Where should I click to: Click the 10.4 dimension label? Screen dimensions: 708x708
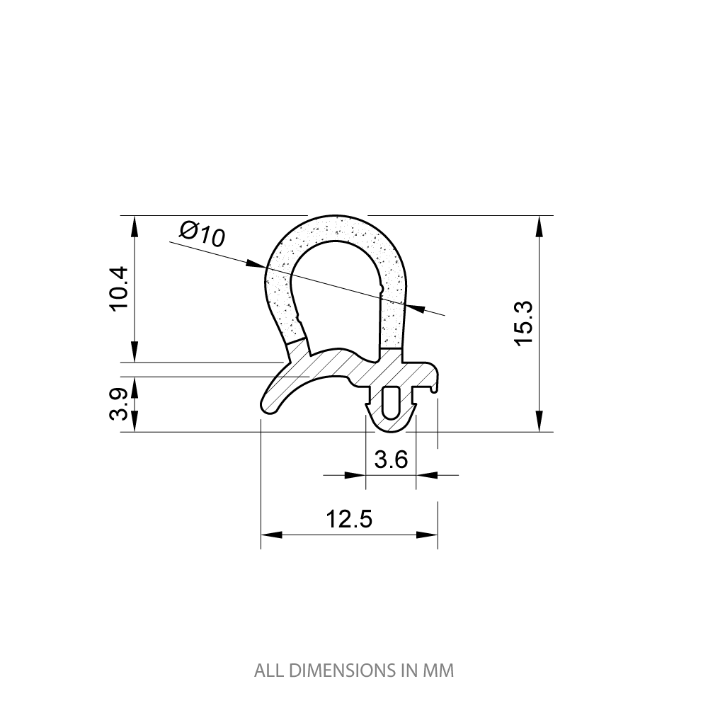(x=118, y=287)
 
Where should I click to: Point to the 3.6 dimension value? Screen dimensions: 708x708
(x=391, y=459)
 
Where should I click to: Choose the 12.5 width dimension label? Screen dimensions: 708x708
(x=349, y=519)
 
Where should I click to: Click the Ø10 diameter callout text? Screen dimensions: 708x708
(x=202, y=233)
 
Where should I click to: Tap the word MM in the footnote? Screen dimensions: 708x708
(x=440, y=670)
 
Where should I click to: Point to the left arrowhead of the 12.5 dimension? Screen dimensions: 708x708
(x=271, y=535)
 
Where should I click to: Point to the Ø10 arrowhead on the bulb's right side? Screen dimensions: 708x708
(x=416, y=308)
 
